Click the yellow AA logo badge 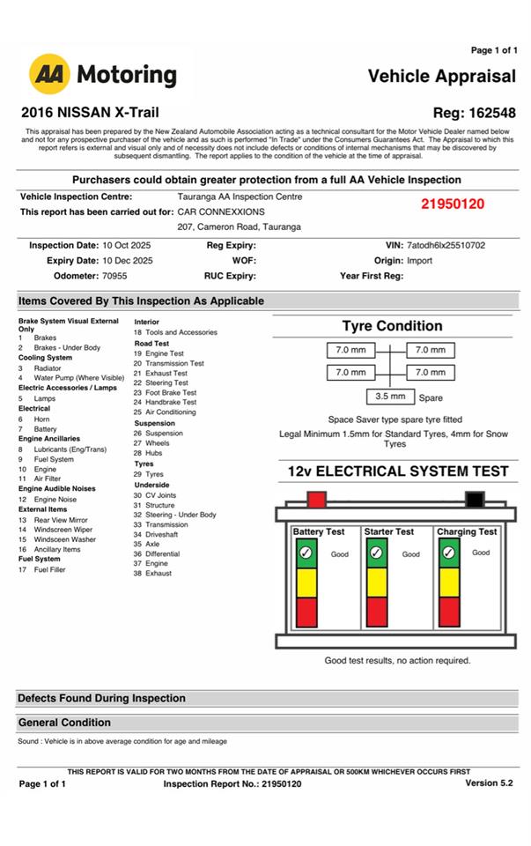point(49,74)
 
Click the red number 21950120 point(453,204)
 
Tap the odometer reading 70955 point(115,276)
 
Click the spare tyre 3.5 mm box point(390,397)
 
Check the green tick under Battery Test point(306,553)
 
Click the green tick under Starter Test point(377,553)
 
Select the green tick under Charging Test point(449,553)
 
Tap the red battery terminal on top point(316,500)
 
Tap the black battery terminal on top point(475,500)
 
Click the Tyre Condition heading point(392,326)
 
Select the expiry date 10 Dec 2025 point(128,261)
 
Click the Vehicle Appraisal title point(441,76)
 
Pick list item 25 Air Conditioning point(165,412)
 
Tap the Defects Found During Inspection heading point(101,698)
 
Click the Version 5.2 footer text point(489,783)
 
